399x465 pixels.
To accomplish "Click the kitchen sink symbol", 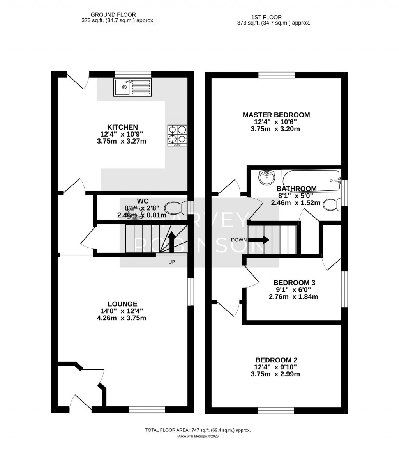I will point(132,87).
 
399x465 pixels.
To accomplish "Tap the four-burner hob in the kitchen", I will point(177,135).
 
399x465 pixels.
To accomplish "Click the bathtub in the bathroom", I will point(311,181).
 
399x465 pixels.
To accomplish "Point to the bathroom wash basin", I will point(267,178).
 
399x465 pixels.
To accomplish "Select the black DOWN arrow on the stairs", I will point(261,240).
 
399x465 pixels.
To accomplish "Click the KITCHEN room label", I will point(122,127).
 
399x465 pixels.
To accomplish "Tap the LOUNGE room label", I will point(122,304).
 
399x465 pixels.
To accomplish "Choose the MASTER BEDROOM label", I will point(276,115).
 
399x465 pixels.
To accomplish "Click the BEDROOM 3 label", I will point(294,283).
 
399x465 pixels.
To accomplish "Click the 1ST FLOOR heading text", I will point(267,17).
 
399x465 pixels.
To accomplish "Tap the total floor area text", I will point(198,430).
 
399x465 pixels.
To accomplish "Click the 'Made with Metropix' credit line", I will point(198,437).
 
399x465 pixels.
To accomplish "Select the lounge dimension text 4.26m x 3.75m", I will point(122,318).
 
